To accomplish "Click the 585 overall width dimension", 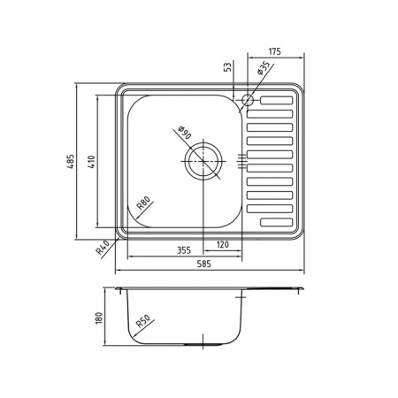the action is tap(204, 264).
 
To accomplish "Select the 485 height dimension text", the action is tap(71, 162).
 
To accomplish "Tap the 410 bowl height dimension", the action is tap(92, 162).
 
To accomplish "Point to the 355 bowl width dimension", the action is tap(184, 250).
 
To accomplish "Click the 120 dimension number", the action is tap(222, 244).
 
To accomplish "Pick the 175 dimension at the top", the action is tap(274, 51).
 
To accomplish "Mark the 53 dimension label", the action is tap(227, 67).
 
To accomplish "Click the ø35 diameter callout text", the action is tap(264, 68).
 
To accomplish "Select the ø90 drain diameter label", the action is tap(185, 133).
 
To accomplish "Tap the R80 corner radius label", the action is tap(145, 203).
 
